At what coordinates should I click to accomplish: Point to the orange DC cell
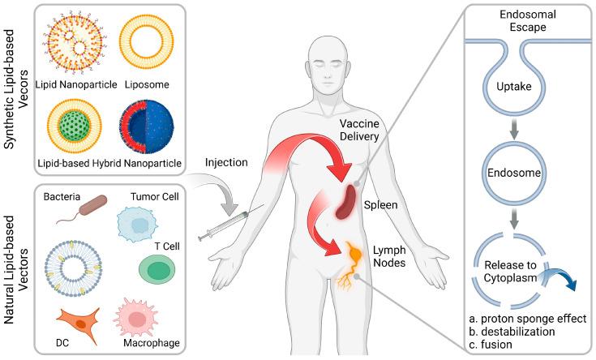pyautogui.click(x=79, y=319)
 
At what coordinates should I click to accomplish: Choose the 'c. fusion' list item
pyautogui.click(x=495, y=345)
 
